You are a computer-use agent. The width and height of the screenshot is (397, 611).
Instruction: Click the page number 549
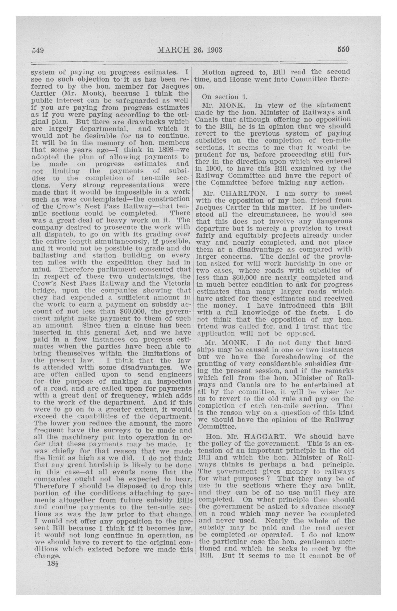[37, 50]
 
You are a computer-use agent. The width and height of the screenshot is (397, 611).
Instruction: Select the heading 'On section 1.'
[221, 97]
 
